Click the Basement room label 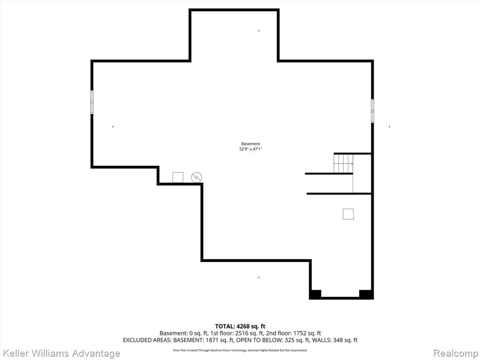point(250,143)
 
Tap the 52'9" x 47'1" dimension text point(251,149)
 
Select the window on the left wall point(92,102)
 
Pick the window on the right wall point(372,111)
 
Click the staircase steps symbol point(343,164)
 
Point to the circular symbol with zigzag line point(196,178)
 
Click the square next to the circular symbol point(178,178)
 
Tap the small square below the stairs point(348,214)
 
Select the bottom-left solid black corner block point(315,294)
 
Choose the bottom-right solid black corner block point(366,294)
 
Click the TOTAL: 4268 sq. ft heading point(240,326)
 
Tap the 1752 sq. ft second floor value point(307,333)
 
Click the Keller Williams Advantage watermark point(60,353)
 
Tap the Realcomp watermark point(456,353)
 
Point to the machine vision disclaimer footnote point(240,350)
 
